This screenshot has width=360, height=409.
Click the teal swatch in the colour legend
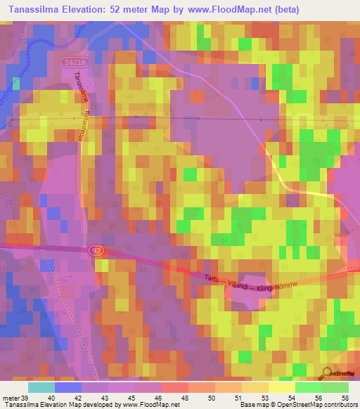41,387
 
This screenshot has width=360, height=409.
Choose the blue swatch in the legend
68,387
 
